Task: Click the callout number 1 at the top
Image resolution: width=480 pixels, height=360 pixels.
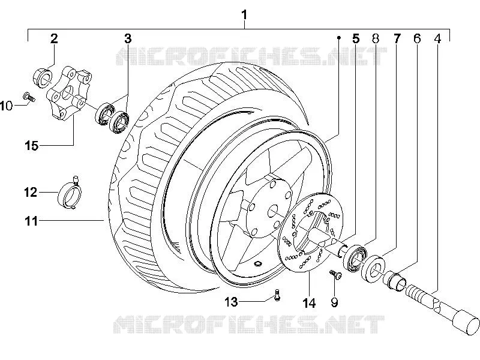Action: coord(244,14)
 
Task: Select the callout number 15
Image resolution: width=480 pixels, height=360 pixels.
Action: coord(32,146)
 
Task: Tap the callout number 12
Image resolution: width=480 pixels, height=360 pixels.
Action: coord(31,192)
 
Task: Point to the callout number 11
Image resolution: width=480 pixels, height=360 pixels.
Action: coord(31,221)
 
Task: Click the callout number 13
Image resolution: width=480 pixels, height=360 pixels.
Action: coord(231,302)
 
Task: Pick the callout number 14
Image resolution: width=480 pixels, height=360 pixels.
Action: coord(309,303)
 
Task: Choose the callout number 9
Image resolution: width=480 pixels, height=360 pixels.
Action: coord(335,302)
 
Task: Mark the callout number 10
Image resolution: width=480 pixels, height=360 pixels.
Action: coord(7,106)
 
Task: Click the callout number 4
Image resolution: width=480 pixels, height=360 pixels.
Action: coord(437,38)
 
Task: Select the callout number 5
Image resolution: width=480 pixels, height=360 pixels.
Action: coord(355,38)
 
